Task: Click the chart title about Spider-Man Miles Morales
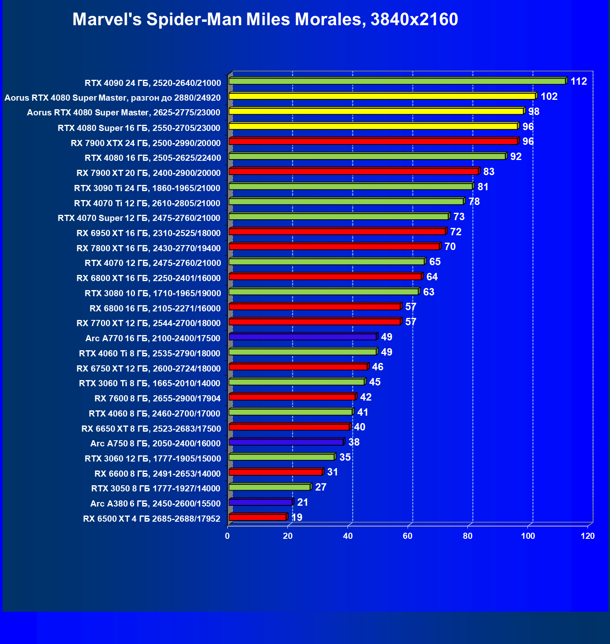(x=265, y=19)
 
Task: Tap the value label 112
(x=579, y=81)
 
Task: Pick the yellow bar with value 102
(x=382, y=96)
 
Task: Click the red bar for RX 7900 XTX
(x=373, y=141)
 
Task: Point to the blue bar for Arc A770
(x=303, y=337)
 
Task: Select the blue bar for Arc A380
(x=260, y=502)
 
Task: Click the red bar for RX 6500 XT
(x=258, y=517)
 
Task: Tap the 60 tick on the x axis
(x=408, y=536)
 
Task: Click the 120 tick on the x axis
(x=588, y=536)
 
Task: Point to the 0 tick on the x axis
(x=227, y=536)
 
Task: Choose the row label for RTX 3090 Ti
(x=147, y=188)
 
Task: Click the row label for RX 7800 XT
(x=148, y=248)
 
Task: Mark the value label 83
(x=489, y=172)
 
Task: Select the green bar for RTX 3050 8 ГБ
(x=269, y=487)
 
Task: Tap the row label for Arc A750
(x=155, y=444)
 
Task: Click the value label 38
(x=354, y=442)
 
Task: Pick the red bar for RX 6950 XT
(x=337, y=232)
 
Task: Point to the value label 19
(x=296, y=518)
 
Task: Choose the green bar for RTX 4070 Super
(x=339, y=216)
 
